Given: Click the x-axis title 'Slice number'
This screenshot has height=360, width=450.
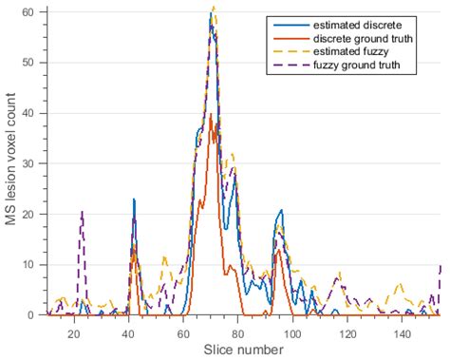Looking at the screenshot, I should pos(243,349).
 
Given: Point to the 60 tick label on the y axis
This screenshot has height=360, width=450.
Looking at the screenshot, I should pos(34,12).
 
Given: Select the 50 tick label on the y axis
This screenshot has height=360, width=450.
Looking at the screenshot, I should pos(34,63).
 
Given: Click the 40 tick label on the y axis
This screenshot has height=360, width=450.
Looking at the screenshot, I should pos(34,113).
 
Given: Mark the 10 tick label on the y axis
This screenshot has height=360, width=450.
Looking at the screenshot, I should pos(34,264).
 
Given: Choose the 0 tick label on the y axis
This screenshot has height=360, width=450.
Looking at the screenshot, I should pos(37,314).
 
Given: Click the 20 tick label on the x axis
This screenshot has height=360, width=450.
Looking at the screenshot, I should pos(74,328).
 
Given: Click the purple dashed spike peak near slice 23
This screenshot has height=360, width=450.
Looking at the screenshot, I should pos(83,211).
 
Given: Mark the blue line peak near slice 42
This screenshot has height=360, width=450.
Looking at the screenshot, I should pos(134,199).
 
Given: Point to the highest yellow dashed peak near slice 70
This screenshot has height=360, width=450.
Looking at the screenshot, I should pos(213,8).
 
